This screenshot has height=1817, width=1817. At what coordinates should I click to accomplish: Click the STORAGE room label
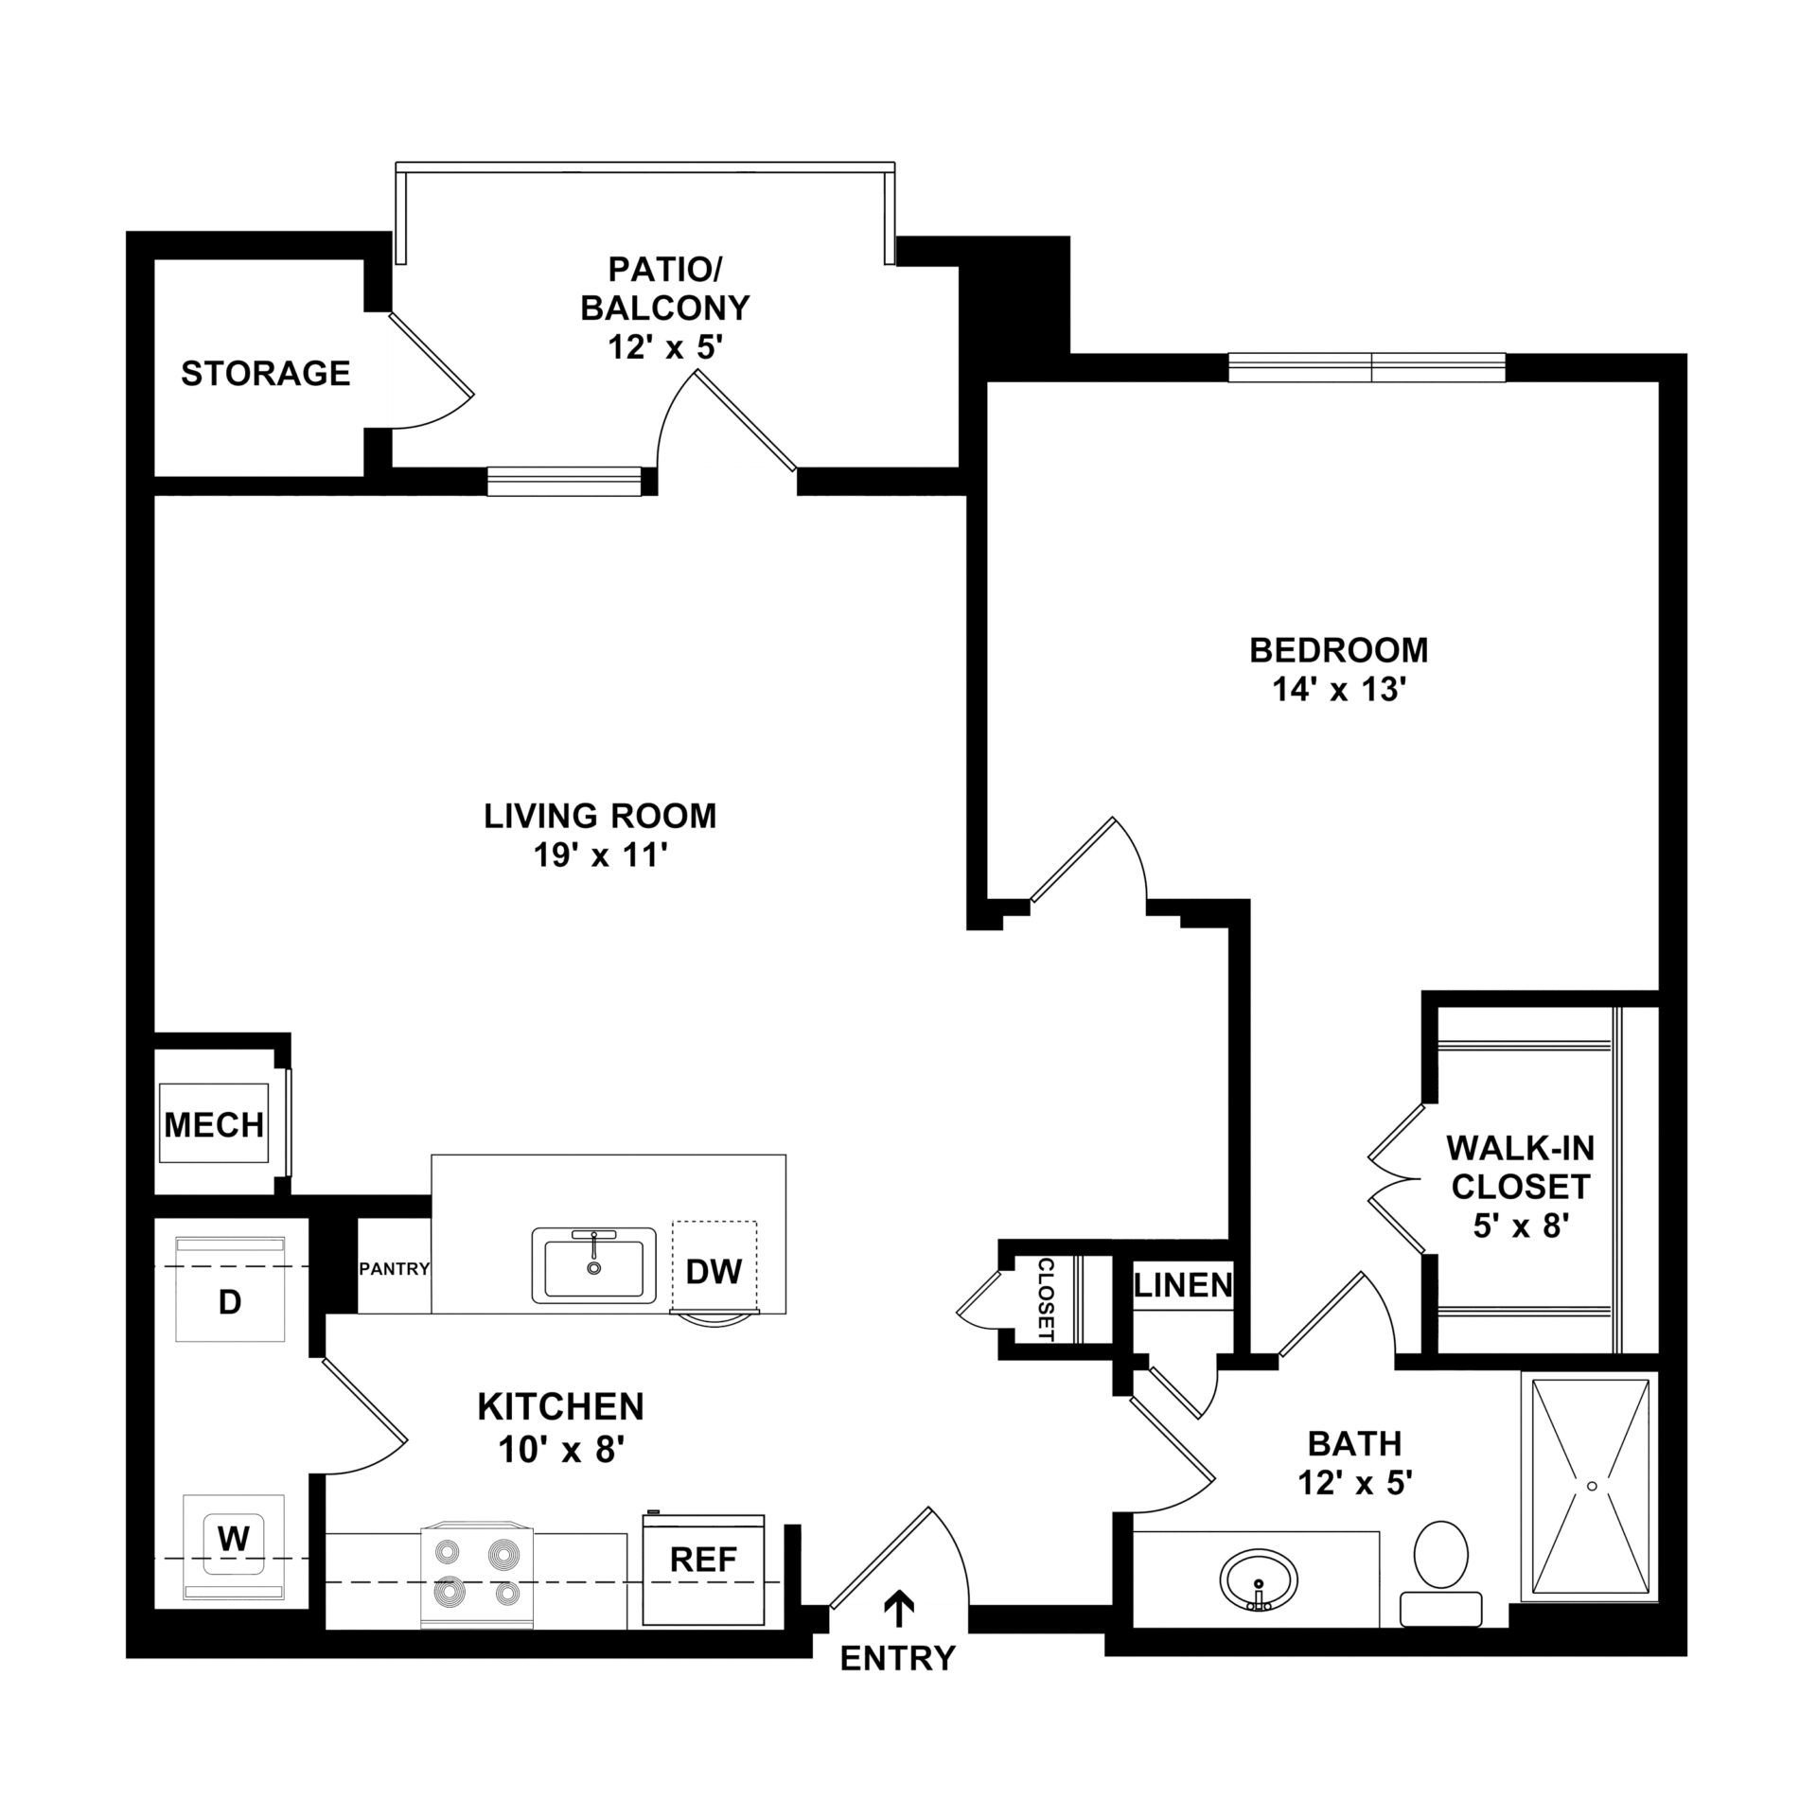pos(266,374)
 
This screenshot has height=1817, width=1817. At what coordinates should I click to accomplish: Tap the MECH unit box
pos(214,1124)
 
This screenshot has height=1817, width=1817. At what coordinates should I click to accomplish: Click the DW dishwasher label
pos(714,1272)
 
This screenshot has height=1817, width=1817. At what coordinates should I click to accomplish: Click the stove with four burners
pos(477,1576)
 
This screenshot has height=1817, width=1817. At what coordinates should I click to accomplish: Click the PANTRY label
pos(395,1269)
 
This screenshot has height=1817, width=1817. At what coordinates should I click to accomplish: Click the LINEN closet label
pos(1183,1284)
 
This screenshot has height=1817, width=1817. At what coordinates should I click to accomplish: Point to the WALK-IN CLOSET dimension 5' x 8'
pos(1521,1226)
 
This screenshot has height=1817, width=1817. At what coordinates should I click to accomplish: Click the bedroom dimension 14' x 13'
pos(1336,690)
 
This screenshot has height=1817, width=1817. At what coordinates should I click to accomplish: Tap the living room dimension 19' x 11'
pos(600,856)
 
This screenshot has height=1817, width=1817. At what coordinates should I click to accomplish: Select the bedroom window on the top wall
pos(1367,367)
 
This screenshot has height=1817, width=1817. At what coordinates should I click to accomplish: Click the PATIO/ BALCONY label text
pos(665,308)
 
